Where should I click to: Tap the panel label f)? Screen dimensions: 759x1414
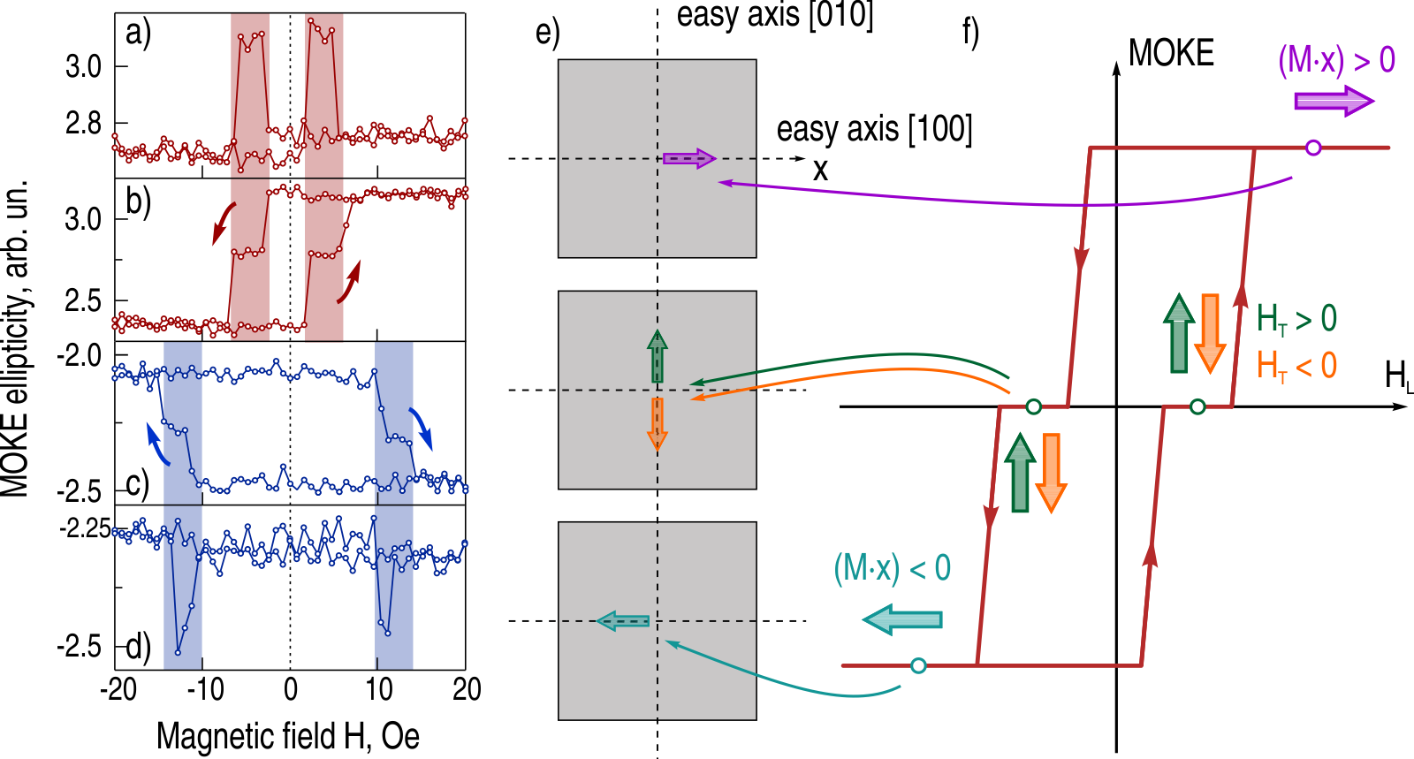970,33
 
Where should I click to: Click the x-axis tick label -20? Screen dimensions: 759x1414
118,689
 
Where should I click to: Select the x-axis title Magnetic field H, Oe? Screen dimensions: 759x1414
288,735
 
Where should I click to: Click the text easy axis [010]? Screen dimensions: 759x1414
775,15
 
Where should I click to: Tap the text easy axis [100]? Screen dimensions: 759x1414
874,129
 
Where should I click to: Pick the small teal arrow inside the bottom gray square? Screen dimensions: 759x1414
623,621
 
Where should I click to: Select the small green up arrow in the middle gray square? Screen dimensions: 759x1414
657,356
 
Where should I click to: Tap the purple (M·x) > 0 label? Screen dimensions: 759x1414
1336,60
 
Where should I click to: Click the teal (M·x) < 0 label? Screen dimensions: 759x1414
892,567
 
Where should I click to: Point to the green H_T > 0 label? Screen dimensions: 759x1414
1296,319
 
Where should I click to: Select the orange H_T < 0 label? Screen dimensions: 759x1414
1296,365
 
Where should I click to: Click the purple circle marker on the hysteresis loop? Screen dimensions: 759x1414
1313,148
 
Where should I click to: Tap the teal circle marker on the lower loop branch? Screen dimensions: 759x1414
918,665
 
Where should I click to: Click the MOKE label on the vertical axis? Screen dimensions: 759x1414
1171,54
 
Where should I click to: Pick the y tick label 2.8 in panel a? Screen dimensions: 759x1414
83,124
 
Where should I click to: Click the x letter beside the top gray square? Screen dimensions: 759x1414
820,169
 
